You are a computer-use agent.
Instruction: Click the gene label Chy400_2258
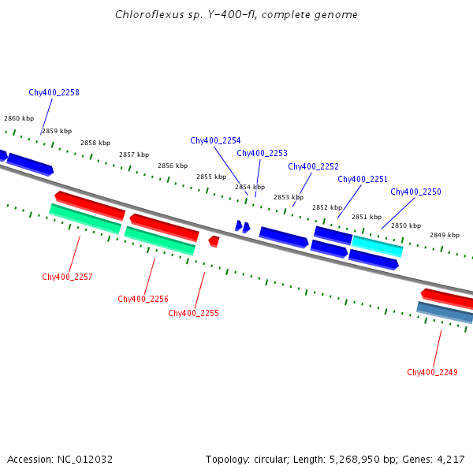point(54,92)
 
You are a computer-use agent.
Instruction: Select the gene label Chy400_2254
point(215,140)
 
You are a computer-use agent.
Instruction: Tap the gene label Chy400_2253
point(262,153)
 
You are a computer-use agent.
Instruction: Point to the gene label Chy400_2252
point(313,166)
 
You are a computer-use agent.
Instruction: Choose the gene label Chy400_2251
point(363,179)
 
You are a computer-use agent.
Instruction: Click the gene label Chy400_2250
point(415,192)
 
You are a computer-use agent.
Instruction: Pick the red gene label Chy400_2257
point(67,277)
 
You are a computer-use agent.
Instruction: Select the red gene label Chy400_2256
point(143,299)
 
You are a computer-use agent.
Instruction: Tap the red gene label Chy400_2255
point(193,313)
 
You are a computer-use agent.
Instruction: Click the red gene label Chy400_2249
point(432,372)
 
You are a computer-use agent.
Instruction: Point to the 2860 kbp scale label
point(19,118)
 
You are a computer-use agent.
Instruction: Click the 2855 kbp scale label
point(211,177)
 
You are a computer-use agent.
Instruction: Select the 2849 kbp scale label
point(445,235)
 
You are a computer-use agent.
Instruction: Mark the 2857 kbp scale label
point(134,155)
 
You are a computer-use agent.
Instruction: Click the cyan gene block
point(378,246)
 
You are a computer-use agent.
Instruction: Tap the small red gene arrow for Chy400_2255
point(214,240)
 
